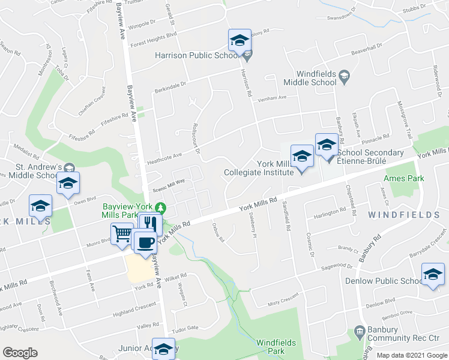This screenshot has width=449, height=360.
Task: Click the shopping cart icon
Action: pyautogui.click(x=122, y=233)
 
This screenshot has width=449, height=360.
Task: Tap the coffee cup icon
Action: pyautogui.click(x=145, y=243)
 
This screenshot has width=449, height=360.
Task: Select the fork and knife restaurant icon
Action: pyautogui.click(x=150, y=224)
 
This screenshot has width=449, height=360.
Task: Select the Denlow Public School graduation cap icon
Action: pyautogui.click(x=433, y=274)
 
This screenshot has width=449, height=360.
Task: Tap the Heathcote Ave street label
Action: pyautogui.click(x=164, y=156)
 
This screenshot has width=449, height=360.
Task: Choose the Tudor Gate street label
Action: pyautogui.click(x=185, y=328)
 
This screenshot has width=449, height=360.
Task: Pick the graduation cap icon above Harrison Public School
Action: pyautogui.click(x=239, y=41)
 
